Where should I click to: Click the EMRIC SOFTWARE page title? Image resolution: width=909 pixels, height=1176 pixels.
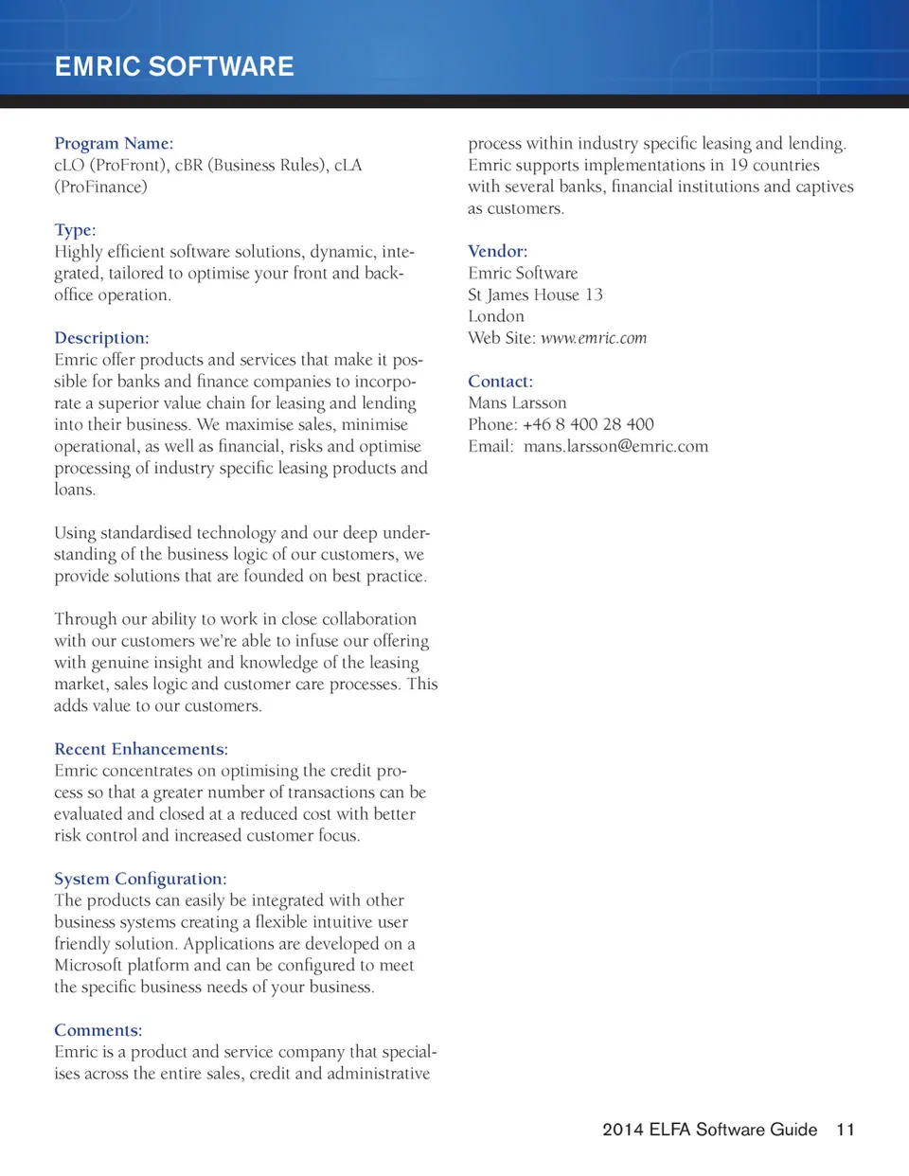click(x=174, y=66)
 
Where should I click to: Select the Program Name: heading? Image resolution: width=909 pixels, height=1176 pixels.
click(x=114, y=143)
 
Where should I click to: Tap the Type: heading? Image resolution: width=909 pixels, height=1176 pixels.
click(x=75, y=230)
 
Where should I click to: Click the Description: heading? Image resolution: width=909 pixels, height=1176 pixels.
click(x=101, y=338)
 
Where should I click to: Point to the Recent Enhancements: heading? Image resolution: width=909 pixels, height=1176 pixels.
click(x=141, y=749)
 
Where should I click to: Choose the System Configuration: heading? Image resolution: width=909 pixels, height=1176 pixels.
click(x=140, y=879)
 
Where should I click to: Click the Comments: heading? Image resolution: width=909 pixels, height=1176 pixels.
click(x=98, y=1030)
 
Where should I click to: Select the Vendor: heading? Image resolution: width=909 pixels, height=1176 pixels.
click(x=497, y=251)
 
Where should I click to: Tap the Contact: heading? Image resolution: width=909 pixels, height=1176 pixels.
click(x=500, y=382)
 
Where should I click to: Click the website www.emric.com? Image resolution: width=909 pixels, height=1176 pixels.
click(x=594, y=338)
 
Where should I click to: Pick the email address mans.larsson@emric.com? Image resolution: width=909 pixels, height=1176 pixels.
click(x=615, y=446)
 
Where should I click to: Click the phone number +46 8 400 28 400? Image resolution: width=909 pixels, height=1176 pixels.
click(x=588, y=424)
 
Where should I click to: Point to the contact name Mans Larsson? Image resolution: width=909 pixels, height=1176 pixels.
click(x=517, y=402)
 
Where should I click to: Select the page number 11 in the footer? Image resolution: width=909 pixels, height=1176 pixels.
click(x=846, y=1130)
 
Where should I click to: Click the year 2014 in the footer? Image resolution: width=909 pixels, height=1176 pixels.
click(x=623, y=1130)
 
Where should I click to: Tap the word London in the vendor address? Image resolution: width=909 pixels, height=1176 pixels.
click(x=496, y=316)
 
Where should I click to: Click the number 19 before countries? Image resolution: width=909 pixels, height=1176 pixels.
click(x=739, y=165)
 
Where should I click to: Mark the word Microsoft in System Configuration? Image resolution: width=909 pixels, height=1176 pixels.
click(x=88, y=965)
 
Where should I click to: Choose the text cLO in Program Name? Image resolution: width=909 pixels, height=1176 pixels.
click(x=69, y=165)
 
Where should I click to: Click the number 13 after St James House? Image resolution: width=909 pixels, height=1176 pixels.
click(x=594, y=294)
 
